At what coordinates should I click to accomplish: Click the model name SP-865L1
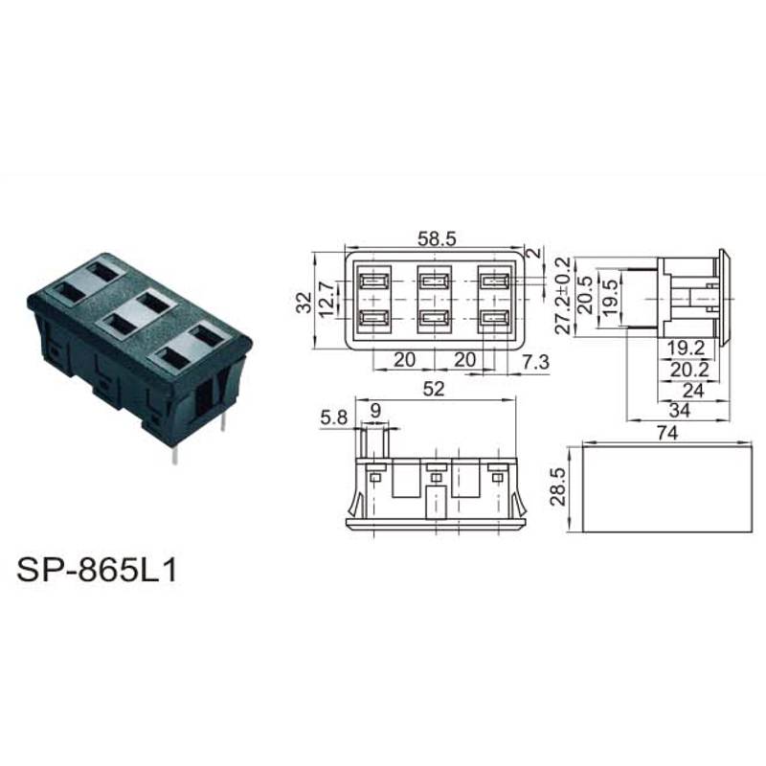pyautogui.click(x=97, y=569)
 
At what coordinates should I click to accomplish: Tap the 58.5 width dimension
pyautogui.click(x=437, y=238)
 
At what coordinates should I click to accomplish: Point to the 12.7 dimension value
pyautogui.click(x=327, y=299)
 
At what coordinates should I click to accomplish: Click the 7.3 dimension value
pyautogui.click(x=535, y=362)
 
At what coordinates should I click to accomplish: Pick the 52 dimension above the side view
pyautogui.click(x=434, y=389)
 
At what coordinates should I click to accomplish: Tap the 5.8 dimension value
pyautogui.click(x=333, y=417)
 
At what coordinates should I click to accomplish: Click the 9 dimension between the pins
pyautogui.click(x=375, y=411)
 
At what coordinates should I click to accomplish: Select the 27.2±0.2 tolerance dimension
pyautogui.click(x=563, y=295)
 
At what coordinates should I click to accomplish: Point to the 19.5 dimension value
pyautogui.click(x=609, y=299)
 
